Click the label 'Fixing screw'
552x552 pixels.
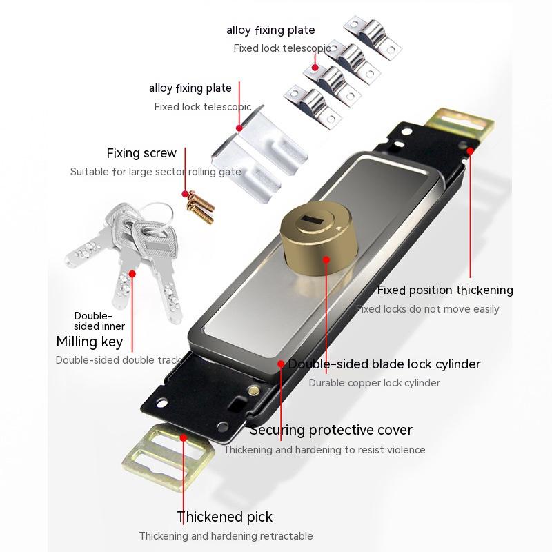point(141,153)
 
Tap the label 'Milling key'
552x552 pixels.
point(90,342)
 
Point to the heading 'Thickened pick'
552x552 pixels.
point(225,517)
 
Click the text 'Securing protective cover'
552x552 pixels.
point(331,430)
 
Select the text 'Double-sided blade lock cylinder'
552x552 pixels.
point(384,364)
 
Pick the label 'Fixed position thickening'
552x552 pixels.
point(445,290)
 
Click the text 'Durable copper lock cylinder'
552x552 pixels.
point(374,383)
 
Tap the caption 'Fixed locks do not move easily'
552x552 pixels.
point(427,309)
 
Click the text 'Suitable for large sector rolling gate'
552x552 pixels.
point(156,172)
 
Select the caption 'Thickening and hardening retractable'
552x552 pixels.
point(226,536)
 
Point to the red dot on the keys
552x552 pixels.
point(133,273)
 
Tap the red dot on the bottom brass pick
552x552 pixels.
point(183,437)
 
